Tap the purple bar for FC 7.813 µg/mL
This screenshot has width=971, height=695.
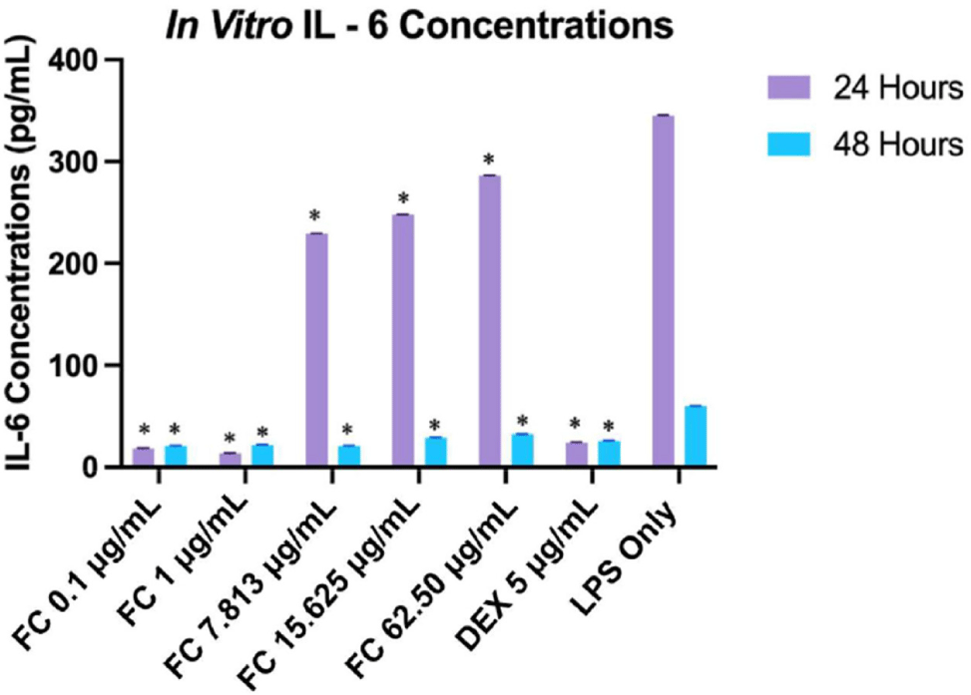[318, 349]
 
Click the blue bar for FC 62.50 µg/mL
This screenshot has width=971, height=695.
[522, 450]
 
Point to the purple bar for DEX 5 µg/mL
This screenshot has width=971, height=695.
[577, 454]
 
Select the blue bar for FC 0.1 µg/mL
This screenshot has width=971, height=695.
[176, 456]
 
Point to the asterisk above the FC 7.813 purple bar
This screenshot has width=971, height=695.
[315, 217]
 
